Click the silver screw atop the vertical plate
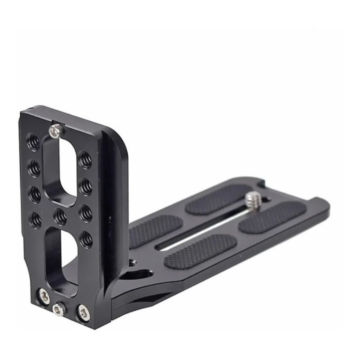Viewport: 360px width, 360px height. tap(57, 131)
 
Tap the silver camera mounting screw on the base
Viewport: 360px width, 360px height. tap(253, 200)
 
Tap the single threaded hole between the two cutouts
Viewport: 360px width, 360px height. tap(60, 217)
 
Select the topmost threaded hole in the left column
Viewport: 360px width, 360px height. tap(34, 142)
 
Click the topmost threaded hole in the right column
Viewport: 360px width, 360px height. tap(85, 160)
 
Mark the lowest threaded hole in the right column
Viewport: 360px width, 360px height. tap(86, 239)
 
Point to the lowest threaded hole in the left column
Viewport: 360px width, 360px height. tap(35, 219)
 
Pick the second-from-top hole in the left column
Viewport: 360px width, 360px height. tap(34, 168)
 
